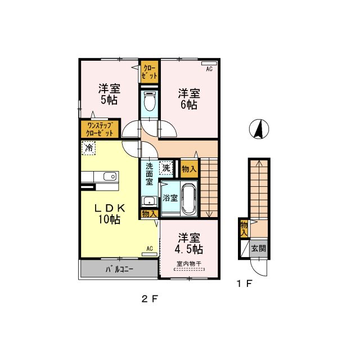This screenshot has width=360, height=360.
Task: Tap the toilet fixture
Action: [x=150, y=103]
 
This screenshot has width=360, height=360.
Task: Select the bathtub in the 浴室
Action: [x=188, y=200]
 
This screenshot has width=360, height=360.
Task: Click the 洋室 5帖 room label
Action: [x=109, y=94]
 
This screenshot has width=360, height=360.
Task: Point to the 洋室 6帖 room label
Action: [x=188, y=98]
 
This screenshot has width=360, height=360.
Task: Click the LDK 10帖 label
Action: [x=109, y=213]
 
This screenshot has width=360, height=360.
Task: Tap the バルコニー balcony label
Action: [x=119, y=269]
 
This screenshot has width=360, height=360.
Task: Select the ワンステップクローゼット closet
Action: [x=100, y=129]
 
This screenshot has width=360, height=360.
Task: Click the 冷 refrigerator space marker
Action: [x=88, y=147]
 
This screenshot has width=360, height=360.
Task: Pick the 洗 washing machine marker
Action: [x=166, y=167]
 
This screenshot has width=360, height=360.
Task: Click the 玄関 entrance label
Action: [x=258, y=247]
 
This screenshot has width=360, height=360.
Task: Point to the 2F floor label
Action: [x=147, y=299]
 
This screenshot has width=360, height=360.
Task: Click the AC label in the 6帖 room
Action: [x=208, y=69]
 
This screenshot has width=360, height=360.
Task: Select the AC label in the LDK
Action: [x=150, y=248]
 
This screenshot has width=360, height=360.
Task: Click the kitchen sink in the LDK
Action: [x=109, y=177]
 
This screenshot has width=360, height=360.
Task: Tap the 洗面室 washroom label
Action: [x=150, y=174]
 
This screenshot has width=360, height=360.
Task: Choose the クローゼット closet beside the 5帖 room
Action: [x=150, y=71]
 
